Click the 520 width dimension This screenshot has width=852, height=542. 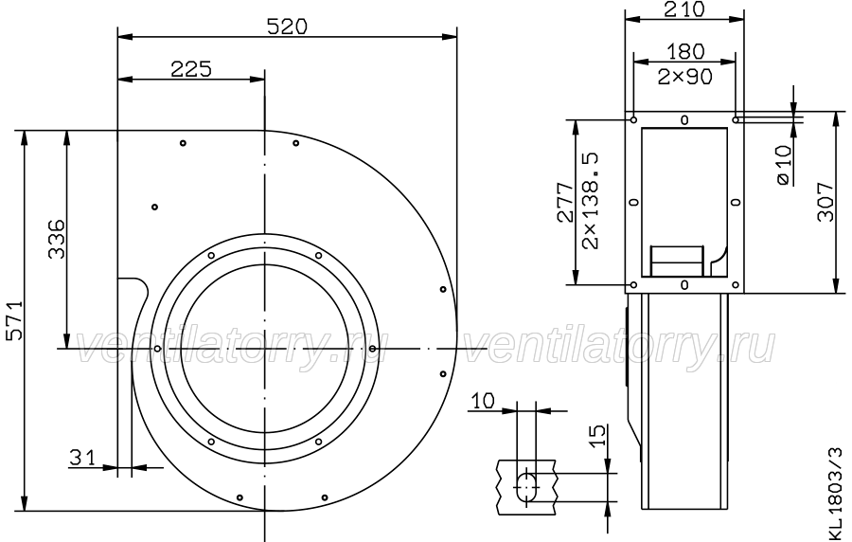click(x=287, y=27)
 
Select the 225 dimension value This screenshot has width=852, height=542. click(x=191, y=69)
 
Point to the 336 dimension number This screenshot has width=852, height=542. click(x=57, y=239)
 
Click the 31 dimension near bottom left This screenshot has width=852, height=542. click(x=82, y=458)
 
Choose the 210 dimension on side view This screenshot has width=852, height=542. click(x=684, y=9)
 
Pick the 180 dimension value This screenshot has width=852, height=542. click(x=685, y=52)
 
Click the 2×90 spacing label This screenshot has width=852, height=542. click(x=684, y=77)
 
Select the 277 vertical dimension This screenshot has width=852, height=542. click(x=566, y=202)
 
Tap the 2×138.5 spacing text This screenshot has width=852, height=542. click(x=590, y=201)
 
